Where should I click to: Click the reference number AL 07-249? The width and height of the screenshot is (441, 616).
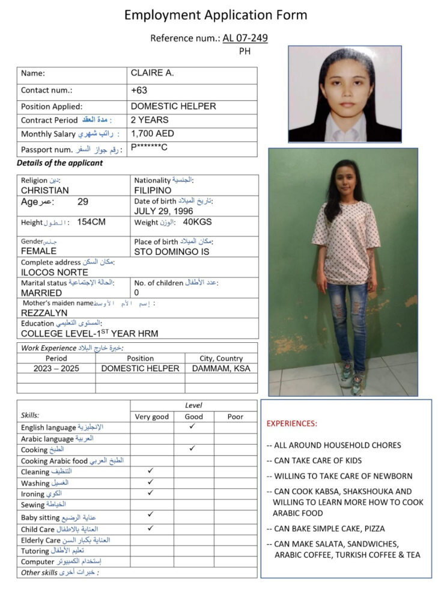coord(245,38)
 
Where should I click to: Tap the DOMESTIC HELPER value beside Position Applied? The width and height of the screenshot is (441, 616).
coord(173,106)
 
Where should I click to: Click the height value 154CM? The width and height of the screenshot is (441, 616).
coord(91,222)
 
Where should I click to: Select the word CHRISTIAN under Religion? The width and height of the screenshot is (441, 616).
coord(45,190)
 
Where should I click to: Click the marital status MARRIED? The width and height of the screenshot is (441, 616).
coord(41,292)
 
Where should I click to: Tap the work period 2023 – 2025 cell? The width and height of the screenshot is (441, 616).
coord(56,368)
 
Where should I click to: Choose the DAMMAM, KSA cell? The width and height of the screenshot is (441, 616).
coord(221,368)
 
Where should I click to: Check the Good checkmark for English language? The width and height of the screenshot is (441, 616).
coord(192,426)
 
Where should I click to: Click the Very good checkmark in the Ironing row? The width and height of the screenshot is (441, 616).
coord(151,493)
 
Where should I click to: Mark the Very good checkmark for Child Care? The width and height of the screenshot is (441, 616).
coord(151,528)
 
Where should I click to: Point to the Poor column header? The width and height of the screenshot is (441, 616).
coord(236,416)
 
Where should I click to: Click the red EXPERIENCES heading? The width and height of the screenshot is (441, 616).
coord(291,423)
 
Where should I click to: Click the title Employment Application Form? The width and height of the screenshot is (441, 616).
coord(216,15)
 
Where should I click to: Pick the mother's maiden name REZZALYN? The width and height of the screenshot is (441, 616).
coord(44,313)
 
